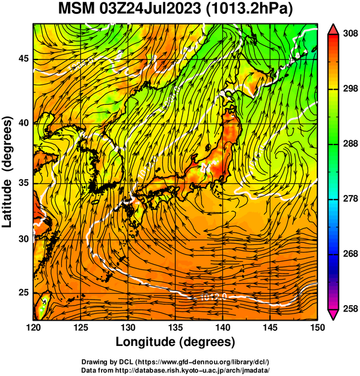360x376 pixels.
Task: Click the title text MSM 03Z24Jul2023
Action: click(x=130, y=9)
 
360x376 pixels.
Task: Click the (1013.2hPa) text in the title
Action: click(x=249, y=9)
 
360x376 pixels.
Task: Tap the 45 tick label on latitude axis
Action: click(x=23, y=58)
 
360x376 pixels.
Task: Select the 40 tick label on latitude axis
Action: click(x=23, y=123)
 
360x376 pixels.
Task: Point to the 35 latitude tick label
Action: click(x=23, y=183)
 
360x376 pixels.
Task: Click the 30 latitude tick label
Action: click(x=23, y=239)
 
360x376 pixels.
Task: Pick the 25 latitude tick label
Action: click(x=23, y=293)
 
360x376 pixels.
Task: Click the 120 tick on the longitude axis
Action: click(x=33, y=327)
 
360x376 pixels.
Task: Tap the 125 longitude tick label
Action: click(x=81, y=327)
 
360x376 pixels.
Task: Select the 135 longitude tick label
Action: click(x=175, y=327)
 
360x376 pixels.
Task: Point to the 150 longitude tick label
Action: click(x=317, y=327)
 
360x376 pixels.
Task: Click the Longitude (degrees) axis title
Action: click(x=175, y=342)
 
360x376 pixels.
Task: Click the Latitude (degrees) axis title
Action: click(x=7, y=172)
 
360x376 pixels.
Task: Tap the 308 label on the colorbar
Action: click(x=350, y=34)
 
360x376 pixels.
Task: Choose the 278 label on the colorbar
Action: click(x=350, y=199)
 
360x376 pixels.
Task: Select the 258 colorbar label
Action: click(x=350, y=309)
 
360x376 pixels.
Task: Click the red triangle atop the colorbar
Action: click(x=333, y=30)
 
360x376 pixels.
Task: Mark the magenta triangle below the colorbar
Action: click(x=333, y=315)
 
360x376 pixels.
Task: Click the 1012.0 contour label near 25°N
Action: click(x=213, y=297)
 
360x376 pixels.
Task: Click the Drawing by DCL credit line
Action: click(x=175, y=362)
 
